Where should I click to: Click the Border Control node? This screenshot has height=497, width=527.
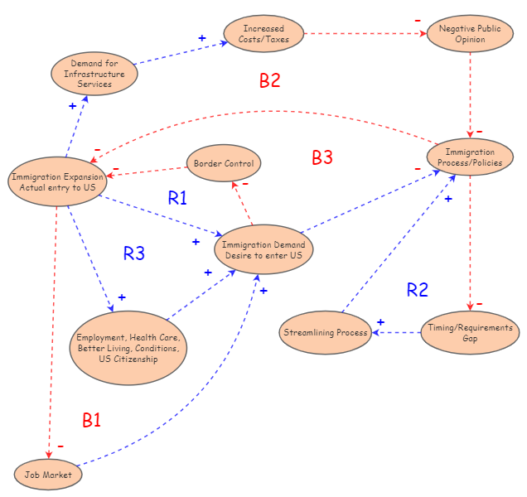[x=224, y=163]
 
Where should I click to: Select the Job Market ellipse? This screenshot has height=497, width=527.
[x=48, y=475]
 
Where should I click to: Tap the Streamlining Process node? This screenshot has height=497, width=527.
[x=325, y=332]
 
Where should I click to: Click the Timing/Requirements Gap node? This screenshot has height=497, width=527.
[x=470, y=333]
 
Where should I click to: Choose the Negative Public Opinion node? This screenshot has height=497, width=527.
[x=471, y=34]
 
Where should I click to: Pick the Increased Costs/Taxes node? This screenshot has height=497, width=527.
[x=263, y=34]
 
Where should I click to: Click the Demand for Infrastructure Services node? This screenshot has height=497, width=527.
[x=94, y=74]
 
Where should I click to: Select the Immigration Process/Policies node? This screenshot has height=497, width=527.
[x=470, y=157]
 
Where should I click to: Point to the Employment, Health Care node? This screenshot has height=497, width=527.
[x=128, y=349]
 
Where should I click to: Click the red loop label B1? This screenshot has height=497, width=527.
[x=91, y=420]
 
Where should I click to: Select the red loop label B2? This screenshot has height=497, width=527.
[x=270, y=80]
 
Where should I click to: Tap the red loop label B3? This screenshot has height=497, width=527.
[x=322, y=157]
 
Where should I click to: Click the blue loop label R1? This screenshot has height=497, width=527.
[x=178, y=198]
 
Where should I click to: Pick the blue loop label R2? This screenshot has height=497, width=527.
[x=418, y=289]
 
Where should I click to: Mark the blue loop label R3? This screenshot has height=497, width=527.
[x=134, y=253]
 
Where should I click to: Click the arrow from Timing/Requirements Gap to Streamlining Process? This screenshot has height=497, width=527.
[x=396, y=333]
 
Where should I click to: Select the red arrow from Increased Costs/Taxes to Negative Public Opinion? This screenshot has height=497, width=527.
[x=365, y=34]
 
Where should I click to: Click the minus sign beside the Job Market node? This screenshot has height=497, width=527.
[x=60, y=446]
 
